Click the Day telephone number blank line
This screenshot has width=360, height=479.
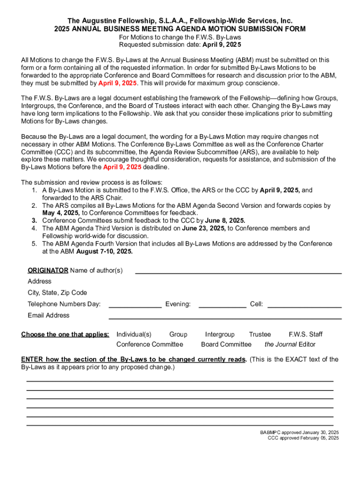tap(135, 307)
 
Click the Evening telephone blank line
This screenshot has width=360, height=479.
tap(223, 307)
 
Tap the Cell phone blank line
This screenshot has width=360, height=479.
tap(304, 307)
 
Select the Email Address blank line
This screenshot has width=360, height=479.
tap(225, 318)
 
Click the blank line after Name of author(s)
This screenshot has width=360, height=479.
tap(238, 273)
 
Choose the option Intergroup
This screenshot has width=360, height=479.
tap(220, 334)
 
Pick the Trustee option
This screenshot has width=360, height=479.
tap(260, 334)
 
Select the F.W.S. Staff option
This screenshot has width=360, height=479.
tap(306, 334)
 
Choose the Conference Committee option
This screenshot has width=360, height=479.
tap(150, 345)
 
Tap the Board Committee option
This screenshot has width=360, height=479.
tap(226, 345)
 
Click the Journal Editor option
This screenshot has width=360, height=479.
tap(290, 345)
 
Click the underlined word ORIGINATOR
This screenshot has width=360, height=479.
tap(48, 270)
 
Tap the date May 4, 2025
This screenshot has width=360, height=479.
tap(61, 213)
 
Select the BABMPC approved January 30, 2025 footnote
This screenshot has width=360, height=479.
tap(300, 432)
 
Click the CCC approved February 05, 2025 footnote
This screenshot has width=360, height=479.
tap(303, 438)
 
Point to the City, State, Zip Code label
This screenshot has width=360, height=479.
tap(58, 293)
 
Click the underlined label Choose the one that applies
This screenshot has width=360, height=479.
tap(65, 334)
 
